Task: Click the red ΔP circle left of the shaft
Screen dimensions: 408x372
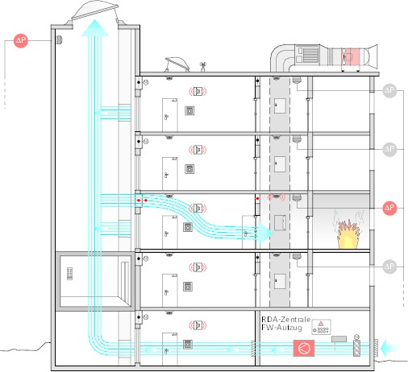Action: (x=21, y=41)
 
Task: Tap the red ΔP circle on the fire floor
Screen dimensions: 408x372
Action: (x=389, y=208)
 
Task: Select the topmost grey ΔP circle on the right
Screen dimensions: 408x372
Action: (x=389, y=90)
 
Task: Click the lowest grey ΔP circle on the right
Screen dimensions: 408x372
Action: (x=389, y=267)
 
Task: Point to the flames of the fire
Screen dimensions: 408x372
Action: (x=348, y=234)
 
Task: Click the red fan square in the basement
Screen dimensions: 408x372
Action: (x=304, y=348)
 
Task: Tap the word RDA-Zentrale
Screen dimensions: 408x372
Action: (x=286, y=320)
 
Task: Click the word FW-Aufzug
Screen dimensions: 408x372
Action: (x=281, y=328)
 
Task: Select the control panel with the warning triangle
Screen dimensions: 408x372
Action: (x=321, y=327)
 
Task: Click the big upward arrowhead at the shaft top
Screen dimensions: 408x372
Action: (x=94, y=27)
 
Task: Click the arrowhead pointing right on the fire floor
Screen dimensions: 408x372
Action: (x=264, y=233)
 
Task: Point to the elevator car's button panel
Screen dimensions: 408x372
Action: (x=69, y=274)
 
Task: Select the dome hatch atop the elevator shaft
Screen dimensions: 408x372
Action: (x=94, y=14)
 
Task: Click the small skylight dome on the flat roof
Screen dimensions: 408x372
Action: (x=177, y=64)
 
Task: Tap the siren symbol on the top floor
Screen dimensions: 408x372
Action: (x=198, y=91)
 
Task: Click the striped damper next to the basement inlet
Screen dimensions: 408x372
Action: (x=356, y=348)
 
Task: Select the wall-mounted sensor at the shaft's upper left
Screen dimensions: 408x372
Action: (x=59, y=40)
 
